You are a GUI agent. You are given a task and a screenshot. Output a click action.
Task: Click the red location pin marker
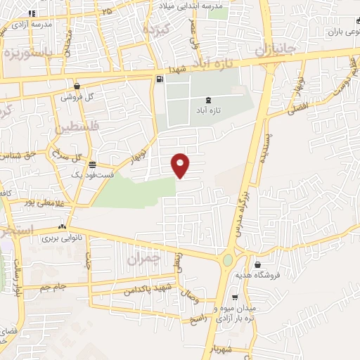pos(181,165)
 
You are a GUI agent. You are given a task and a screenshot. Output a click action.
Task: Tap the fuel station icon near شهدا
pos(160,79)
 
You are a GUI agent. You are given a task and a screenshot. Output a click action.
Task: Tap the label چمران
pos(144,259)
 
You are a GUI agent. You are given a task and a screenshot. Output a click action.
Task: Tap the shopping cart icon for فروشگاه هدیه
pos(259,266)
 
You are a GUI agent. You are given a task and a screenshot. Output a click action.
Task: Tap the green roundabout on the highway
pos(228,262)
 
